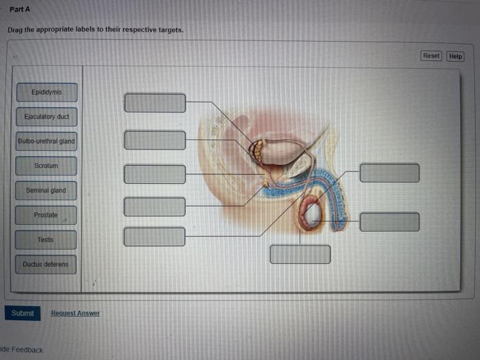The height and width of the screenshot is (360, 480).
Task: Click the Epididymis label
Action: (47, 92)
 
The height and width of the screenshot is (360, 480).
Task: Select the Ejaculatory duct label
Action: (47, 117)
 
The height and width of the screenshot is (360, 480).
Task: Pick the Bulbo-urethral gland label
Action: (47, 142)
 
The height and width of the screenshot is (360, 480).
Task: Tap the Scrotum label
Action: (47, 166)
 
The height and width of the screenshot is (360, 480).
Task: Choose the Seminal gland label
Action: (47, 191)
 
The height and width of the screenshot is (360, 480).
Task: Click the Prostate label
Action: (46, 215)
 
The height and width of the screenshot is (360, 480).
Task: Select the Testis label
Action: (46, 240)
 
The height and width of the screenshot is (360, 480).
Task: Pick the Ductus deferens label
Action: (46, 264)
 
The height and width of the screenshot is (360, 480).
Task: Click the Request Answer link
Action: (75, 313)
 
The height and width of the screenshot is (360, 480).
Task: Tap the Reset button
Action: (431, 56)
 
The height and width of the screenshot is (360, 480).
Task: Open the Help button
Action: (455, 56)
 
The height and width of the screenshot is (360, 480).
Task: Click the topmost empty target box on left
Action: (155, 103)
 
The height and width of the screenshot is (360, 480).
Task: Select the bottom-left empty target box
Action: (155, 237)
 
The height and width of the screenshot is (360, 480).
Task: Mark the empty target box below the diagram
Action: (300, 254)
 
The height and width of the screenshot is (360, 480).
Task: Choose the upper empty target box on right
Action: (389, 173)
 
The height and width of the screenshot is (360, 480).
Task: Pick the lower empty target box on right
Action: (389, 221)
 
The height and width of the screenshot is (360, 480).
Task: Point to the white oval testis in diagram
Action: (313, 215)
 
